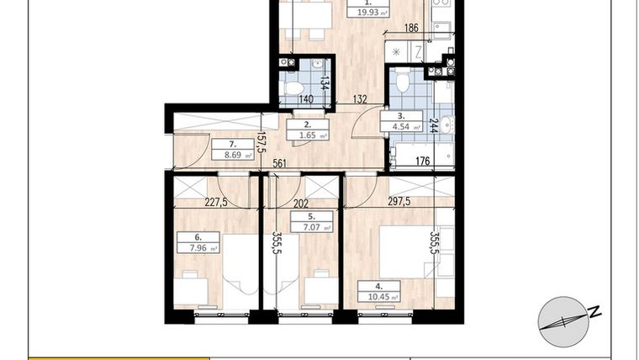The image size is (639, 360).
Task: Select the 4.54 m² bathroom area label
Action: (x=400, y=126)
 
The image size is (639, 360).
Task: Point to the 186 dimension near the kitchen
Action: (x=410, y=29)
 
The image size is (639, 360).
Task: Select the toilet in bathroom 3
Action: (x=402, y=82)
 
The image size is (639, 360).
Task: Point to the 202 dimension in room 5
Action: (x=300, y=202)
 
